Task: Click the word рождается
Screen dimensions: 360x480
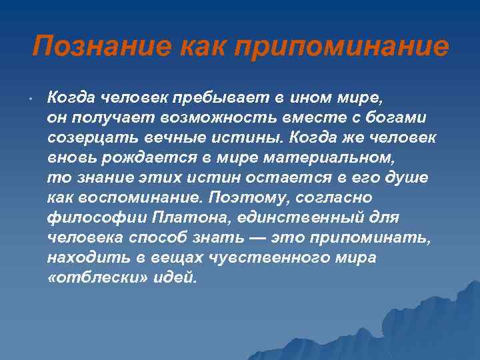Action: tap(138, 158)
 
